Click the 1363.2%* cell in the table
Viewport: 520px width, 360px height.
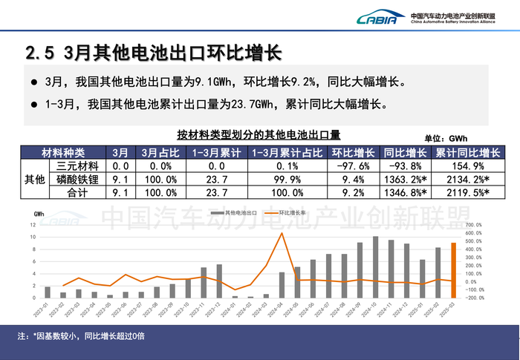406,179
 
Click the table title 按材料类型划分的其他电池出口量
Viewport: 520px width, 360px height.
259,135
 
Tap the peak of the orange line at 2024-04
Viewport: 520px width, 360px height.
282,233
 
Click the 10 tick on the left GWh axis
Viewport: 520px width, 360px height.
33,237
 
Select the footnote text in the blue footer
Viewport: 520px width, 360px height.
82,336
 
